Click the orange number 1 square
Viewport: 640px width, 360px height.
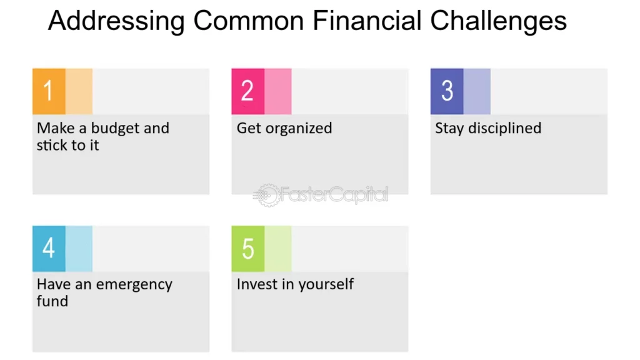[49, 91]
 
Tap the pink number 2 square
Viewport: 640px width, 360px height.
[247, 91]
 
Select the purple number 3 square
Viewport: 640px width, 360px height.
[447, 91]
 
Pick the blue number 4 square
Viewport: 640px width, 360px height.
[49, 249]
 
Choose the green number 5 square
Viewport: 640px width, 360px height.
[247, 249]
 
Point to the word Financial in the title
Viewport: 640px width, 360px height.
[367, 21]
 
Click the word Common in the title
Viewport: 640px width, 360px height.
[249, 21]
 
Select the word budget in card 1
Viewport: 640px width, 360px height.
[115, 129]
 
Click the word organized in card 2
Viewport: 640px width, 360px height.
[299, 129]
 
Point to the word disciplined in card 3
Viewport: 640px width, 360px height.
[505, 129]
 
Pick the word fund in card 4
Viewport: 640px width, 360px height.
[52, 301]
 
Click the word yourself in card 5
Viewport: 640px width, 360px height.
[325, 284]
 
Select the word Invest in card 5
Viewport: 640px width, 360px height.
[257, 284]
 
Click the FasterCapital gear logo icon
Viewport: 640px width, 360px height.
[267, 195]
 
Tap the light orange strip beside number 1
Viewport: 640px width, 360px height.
[79, 91]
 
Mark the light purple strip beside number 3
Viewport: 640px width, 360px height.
[477, 91]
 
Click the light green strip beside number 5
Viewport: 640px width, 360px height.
[278, 249]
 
